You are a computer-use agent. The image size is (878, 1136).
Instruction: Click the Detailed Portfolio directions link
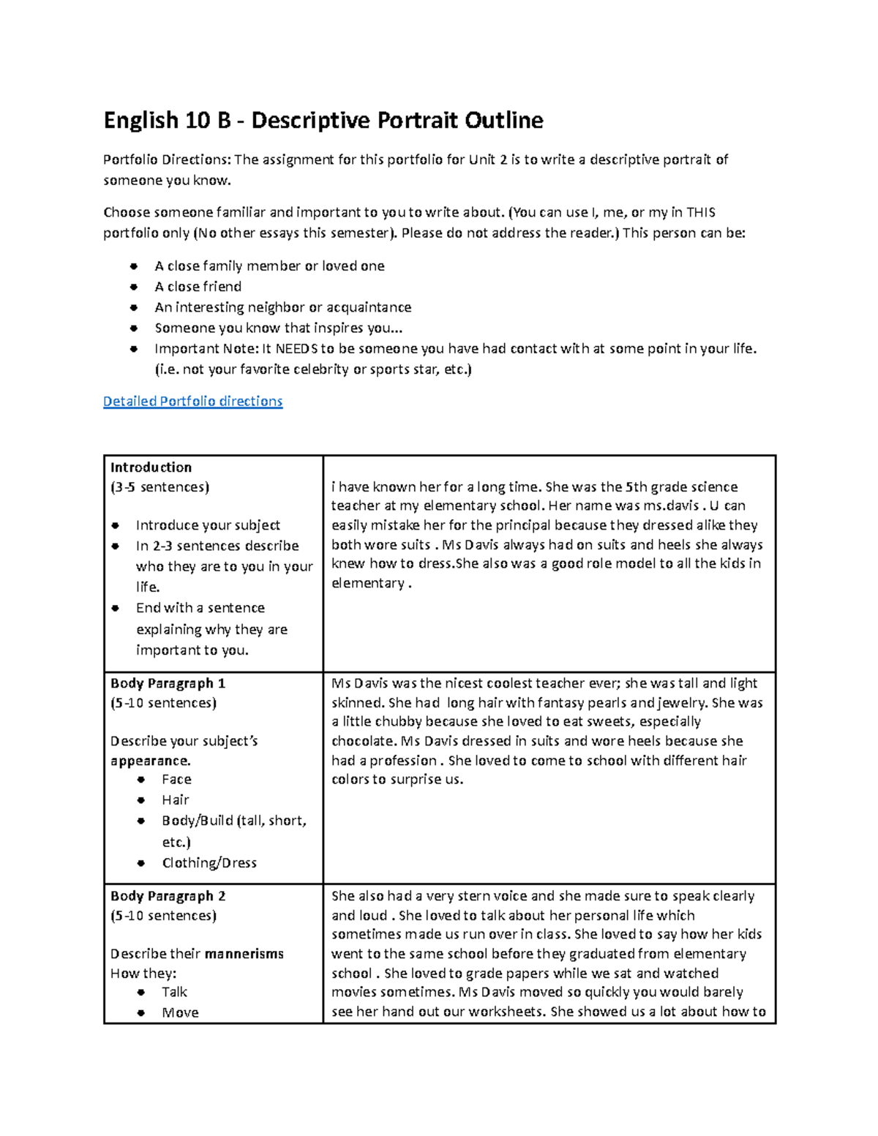click(x=192, y=401)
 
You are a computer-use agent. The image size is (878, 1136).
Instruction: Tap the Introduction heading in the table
click(x=151, y=467)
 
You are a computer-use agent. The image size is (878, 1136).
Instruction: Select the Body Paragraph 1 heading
click(x=168, y=683)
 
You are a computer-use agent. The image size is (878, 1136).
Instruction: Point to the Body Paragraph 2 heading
click(x=168, y=896)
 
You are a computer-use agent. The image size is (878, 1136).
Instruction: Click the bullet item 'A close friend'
click(x=198, y=287)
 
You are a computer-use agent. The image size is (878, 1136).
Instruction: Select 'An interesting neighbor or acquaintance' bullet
click(x=282, y=307)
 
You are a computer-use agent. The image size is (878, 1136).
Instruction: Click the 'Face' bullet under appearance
click(x=176, y=780)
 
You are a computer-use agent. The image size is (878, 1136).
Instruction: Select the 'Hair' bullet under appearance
click(x=176, y=800)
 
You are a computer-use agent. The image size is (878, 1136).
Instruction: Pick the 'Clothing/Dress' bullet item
click(x=209, y=863)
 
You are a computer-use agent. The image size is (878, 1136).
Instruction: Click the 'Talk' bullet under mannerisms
click(x=174, y=993)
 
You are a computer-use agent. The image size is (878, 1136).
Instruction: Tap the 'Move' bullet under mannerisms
click(x=180, y=1013)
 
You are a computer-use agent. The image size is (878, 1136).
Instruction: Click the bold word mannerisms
click(x=244, y=954)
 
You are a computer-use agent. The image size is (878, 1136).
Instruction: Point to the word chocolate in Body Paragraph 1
click(x=362, y=741)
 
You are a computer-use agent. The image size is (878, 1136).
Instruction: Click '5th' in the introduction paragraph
click(x=636, y=487)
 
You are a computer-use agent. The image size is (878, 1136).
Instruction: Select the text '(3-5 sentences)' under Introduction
click(x=160, y=487)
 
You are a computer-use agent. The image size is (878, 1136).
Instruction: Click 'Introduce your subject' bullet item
click(x=208, y=525)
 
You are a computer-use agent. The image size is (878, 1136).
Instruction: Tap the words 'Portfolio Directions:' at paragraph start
click(x=166, y=160)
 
